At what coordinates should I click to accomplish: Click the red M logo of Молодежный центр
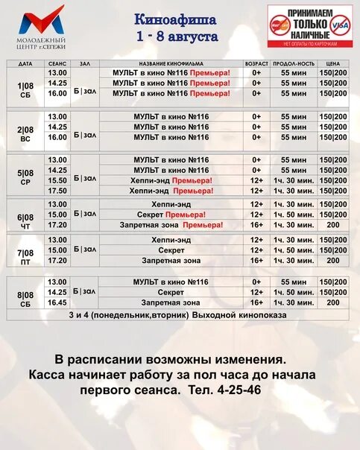coord(41,20)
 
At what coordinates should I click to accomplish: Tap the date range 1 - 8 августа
coord(177,35)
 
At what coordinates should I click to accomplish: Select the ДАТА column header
coord(25,64)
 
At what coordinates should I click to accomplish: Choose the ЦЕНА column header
coord(333,64)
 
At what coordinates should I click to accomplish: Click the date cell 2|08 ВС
coord(25,133)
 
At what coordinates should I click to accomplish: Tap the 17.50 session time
coord(57,191)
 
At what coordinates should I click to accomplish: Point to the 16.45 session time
coord(57,302)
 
